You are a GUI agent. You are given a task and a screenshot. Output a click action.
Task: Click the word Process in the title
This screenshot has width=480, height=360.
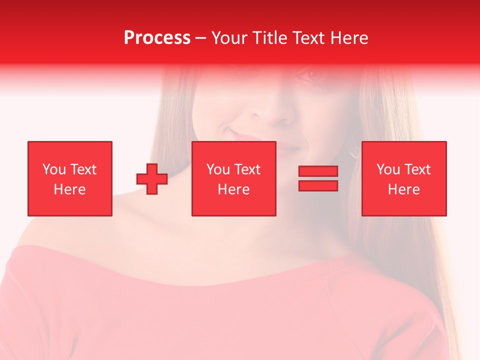pyautogui.click(x=157, y=38)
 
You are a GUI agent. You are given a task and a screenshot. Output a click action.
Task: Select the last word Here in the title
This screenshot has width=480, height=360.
pyautogui.click(x=350, y=38)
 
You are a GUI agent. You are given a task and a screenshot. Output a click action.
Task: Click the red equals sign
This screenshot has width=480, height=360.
pyautogui.click(x=318, y=178)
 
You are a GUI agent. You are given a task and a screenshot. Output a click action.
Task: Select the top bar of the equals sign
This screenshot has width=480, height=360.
pyautogui.click(x=318, y=171)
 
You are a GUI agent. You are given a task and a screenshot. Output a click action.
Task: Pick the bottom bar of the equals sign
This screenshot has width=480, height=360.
pyautogui.click(x=318, y=185)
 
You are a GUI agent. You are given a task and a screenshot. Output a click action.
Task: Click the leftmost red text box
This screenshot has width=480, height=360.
pyautogui.click(x=70, y=178)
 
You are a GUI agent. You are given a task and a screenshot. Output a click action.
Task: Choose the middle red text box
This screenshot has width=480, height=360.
pyautogui.click(x=234, y=178)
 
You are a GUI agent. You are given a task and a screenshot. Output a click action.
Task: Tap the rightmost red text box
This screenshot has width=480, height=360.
pyautogui.click(x=404, y=178)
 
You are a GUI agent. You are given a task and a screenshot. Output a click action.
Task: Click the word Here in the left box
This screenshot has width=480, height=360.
pyautogui.click(x=69, y=189)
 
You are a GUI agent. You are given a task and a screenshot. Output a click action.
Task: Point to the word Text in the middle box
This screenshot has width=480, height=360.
pyautogui.click(x=247, y=169)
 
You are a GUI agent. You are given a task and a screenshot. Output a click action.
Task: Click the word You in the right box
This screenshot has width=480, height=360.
pyautogui.click(x=388, y=169)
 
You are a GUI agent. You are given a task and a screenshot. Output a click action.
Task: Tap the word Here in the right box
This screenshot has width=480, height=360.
pyautogui.click(x=404, y=189)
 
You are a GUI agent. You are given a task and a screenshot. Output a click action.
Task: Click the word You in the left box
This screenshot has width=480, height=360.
pyautogui.click(x=54, y=169)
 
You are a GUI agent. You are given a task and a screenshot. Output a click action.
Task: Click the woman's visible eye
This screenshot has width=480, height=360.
pyautogui.click(x=313, y=75)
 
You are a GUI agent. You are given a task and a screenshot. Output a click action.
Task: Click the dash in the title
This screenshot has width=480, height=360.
pyautogui.click(x=201, y=38)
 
